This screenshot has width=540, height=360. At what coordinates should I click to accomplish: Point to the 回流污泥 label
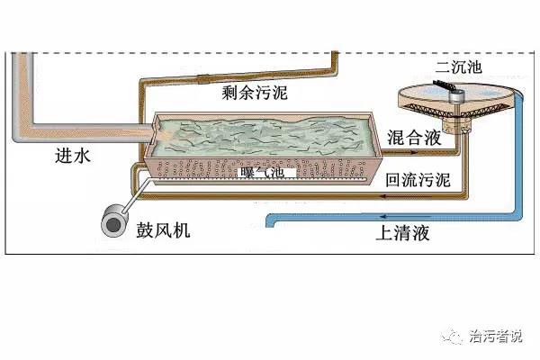(x=417, y=180)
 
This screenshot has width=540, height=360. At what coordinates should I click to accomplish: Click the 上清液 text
(x=403, y=235)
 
